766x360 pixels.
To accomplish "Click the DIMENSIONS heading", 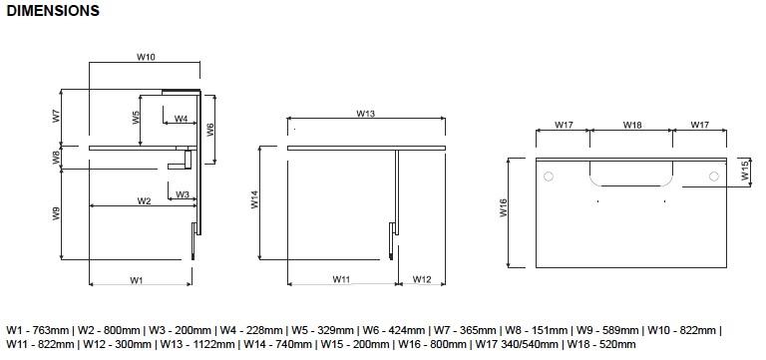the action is tap(53, 11).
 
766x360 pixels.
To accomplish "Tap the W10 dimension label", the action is tap(146, 57).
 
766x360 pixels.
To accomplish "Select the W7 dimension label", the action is tap(57, 117).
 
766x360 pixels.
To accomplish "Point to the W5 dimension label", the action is tap(136, 118).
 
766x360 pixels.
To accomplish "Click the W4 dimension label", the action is tap(182, 119).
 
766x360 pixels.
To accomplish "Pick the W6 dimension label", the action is tap(210, 130).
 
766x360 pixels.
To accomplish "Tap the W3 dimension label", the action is tap(183, 194).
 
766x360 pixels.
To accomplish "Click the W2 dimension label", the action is tap(144, 200).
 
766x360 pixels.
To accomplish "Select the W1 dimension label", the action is tap(136, 280).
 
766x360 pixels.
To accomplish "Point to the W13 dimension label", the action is tap(365, 114).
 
